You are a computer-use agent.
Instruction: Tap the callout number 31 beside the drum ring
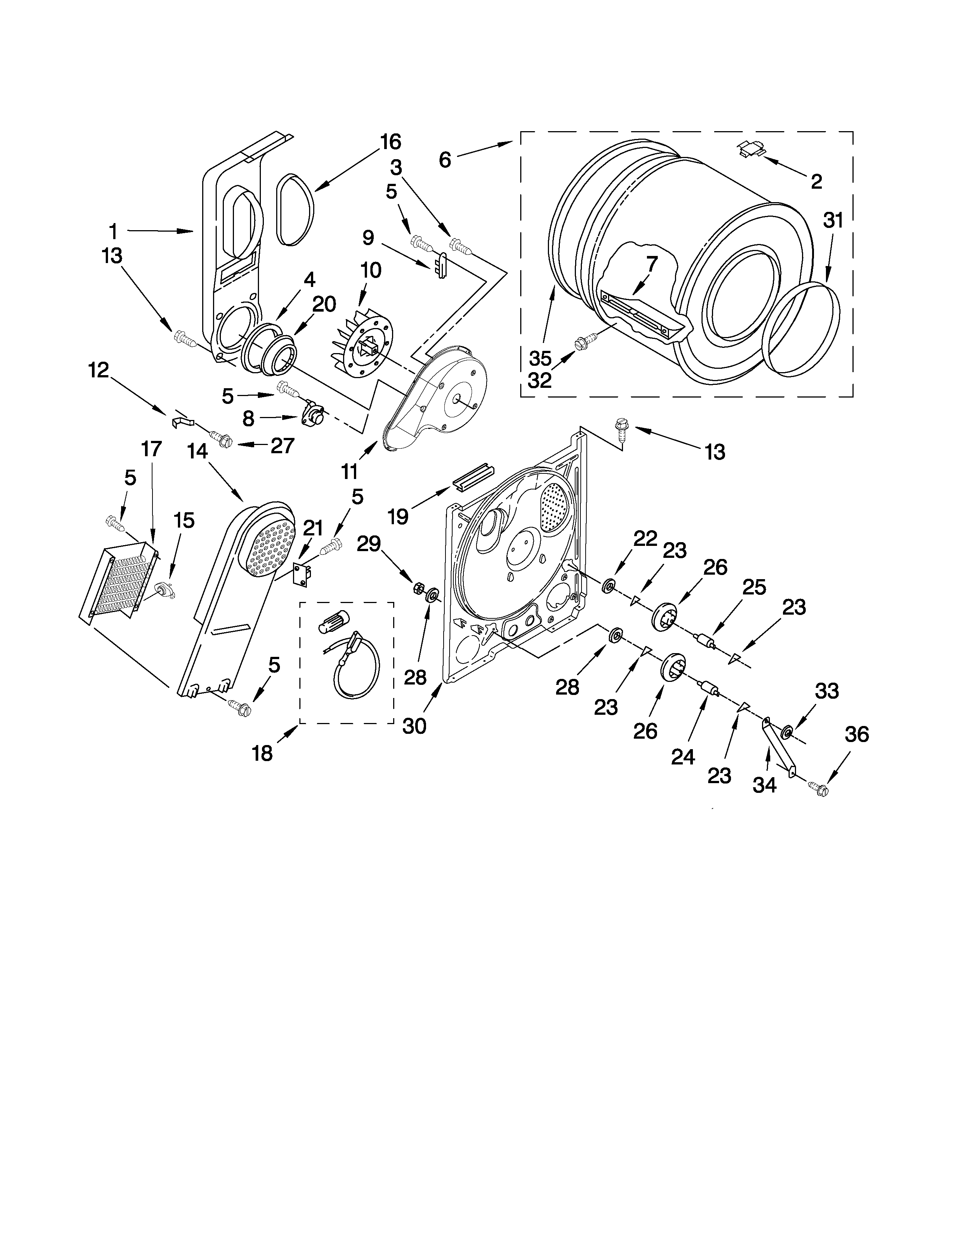coord(832,221)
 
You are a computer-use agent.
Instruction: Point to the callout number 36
coord(857,735)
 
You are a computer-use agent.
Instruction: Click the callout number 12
coord(98,370)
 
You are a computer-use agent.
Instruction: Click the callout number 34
coord(764,785)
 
